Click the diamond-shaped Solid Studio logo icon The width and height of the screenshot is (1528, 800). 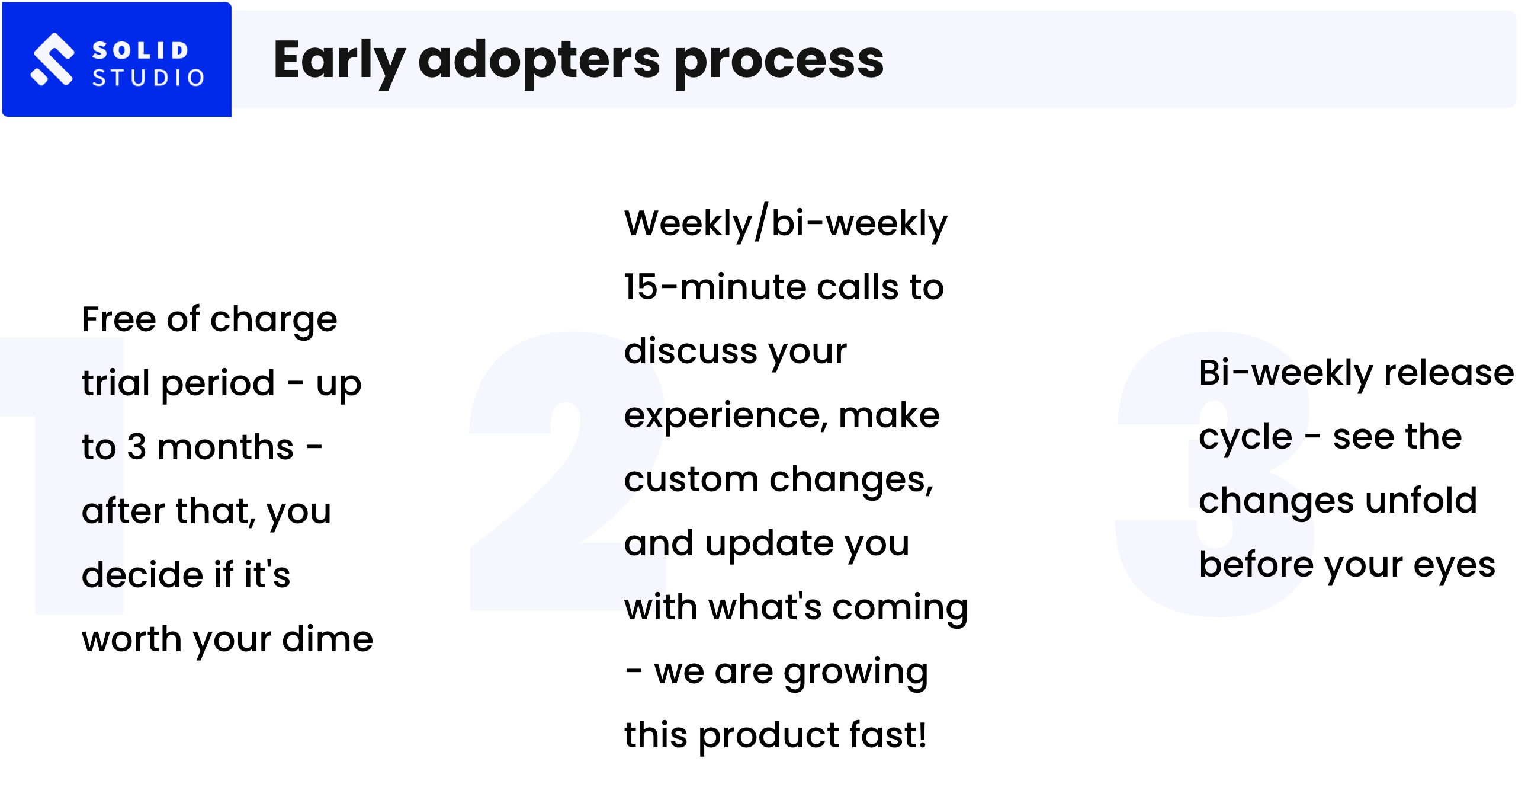pos(53,59)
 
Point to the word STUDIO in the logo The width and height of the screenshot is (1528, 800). pos(148,78)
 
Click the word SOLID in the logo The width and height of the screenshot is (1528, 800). pos(140,50)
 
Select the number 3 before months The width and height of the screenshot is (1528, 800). pos(136,447)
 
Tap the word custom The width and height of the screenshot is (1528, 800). pos(691,479)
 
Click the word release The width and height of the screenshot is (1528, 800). pos(1449,373)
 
